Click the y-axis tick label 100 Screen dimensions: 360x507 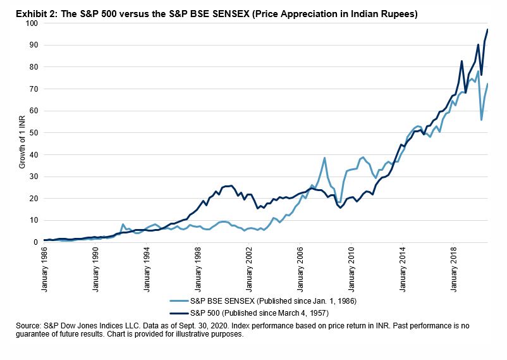coord(31,23)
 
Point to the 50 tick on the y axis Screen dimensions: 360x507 coord(33,133)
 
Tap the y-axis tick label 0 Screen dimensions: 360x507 coord(35,242)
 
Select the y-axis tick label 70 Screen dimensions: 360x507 coord(33,89)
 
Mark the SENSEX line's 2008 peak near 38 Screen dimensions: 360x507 coord(324,158)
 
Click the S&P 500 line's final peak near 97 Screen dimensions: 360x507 coord(487,30)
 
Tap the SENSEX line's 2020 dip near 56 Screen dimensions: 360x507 coord(482,120)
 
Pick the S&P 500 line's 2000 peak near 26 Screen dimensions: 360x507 coord(231,185)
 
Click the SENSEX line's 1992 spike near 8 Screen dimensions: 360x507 coord(123,225)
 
